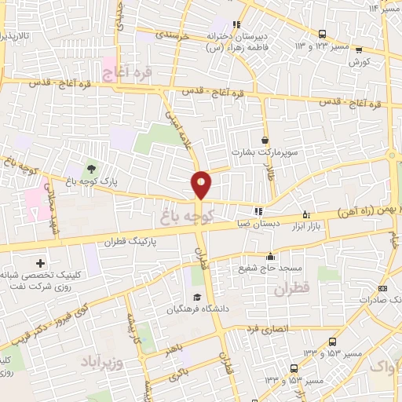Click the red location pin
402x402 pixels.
pyautogui.click(x=201, y=184)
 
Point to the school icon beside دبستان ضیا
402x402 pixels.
pyautogui.click(x=257, y=210)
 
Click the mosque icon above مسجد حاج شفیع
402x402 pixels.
pyautogui.click(x=271, y=255)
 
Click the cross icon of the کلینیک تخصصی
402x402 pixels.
pyautogui.click(x=41, y=262)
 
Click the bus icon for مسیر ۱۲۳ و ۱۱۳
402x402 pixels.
pyautogui.click(x=322, y=35)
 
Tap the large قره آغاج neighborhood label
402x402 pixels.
pyautogui.click(x=126, y=74)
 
